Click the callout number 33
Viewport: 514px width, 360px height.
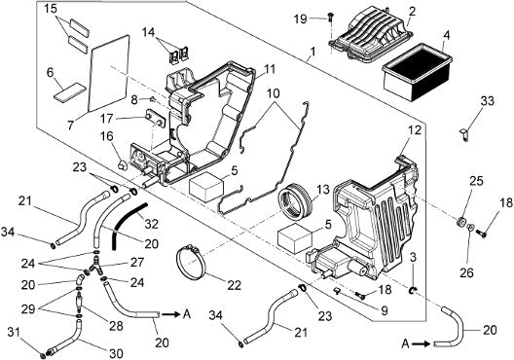click(x=487, y=101)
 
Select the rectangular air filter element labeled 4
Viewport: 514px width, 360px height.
click(x=417, y=73)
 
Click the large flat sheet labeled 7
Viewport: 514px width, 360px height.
click(x=109, y=73)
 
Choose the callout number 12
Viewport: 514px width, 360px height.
click(x=415, y=130)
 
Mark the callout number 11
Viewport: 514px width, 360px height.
click(x=269, y=69)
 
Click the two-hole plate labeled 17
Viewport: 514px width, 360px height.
click(x=156, y=119)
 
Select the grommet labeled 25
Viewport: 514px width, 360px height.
click(x=460, y=222)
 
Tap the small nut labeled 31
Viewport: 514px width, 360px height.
click(x=42, y=355)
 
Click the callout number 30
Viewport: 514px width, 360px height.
click(x=116, y=354)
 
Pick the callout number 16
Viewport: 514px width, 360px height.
click(x=107, y=136)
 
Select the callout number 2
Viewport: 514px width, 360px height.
click(x=412, y=12)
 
